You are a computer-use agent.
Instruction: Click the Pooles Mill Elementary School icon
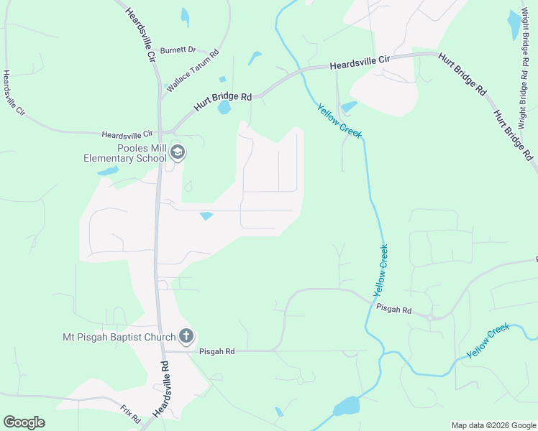(x=178, y=152)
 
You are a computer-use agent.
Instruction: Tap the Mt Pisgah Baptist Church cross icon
(x=186, y=336)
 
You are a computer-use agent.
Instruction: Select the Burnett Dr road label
(x=178, y=50)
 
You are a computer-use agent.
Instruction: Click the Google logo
(x=24, y=422)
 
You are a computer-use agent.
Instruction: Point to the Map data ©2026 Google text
(x=493, y=425)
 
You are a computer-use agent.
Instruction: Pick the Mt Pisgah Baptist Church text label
(x=119, y=337)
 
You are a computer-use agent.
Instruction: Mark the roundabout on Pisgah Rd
(x=429, y=317)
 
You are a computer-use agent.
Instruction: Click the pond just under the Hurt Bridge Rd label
(x=224, y=108)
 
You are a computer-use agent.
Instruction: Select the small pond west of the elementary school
(x=108, y=172)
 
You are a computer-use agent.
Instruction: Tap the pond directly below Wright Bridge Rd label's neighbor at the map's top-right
(x=514, y=24)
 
